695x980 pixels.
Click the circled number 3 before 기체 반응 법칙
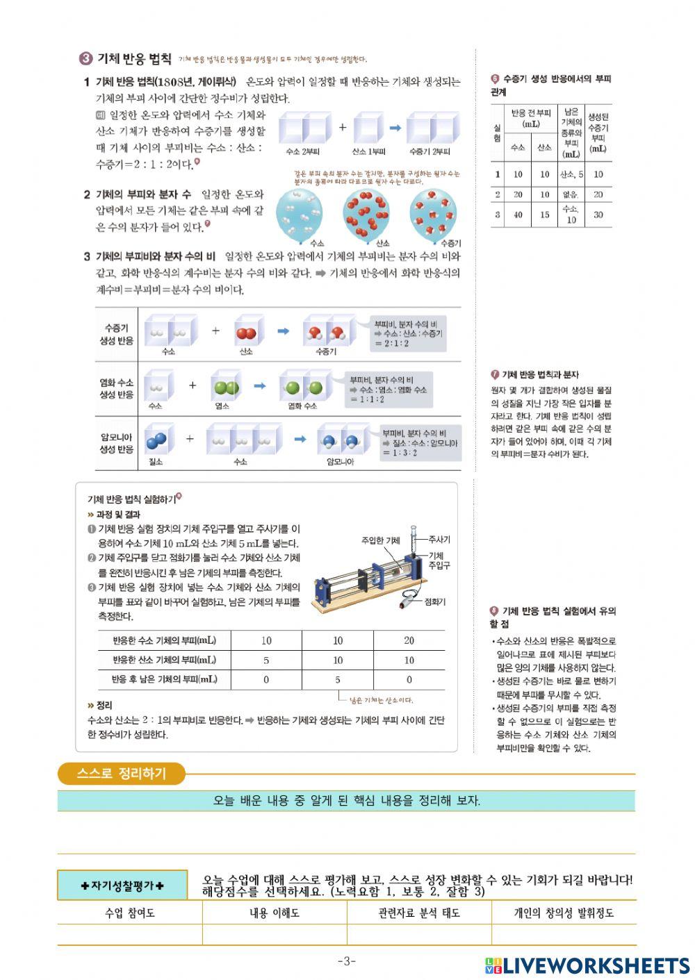pos(85,59)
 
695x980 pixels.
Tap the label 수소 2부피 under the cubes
pos(302,151)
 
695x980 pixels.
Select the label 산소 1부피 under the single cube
pos(368,151)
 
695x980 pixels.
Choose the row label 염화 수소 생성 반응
pos(116,389)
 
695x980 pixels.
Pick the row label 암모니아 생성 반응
pos(116,443)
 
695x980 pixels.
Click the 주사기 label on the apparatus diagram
pos(439,539)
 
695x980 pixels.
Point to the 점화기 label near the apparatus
pos(435,601)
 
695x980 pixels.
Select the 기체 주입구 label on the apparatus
pos(439,560)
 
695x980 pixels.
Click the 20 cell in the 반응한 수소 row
pos(409,640)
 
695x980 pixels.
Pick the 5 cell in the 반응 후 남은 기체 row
pos(338,679)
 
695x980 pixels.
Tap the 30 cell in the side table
pos(598,215)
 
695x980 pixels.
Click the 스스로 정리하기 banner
pos(122,774)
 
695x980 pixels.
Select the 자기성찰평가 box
pos(122,886)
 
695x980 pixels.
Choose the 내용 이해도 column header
pos(275,913)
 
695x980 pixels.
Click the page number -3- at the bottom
pos(347,961)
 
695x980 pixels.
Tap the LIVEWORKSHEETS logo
pos(587,965)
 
